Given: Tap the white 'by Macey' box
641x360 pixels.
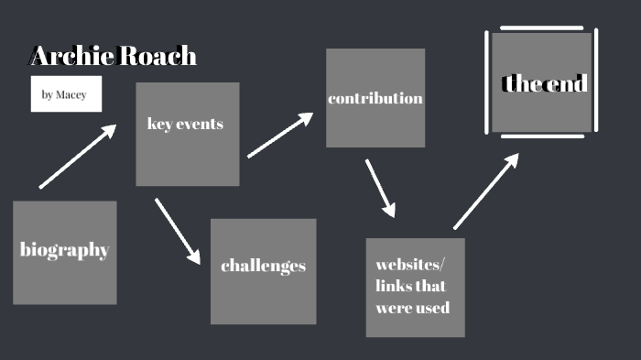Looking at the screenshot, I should [65, 94].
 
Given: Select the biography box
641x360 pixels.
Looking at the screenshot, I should [64, 252].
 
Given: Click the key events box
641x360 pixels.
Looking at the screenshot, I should [187, 134].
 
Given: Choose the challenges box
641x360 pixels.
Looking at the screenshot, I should [263, 270].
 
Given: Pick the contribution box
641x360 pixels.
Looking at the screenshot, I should [375, 97].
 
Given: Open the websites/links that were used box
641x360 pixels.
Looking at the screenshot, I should [415, 287].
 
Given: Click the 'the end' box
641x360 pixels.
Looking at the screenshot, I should [541, 83].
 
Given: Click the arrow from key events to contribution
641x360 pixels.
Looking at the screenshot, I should [281, 136].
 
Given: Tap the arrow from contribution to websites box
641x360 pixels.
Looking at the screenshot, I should [380, 189].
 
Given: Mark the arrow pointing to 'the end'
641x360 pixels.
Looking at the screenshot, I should [486, 191].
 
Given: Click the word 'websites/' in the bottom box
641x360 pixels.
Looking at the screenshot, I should [409, 265].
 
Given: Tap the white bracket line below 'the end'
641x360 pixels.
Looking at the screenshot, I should [542, 136].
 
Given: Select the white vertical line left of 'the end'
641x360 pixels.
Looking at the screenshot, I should [487, 82].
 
